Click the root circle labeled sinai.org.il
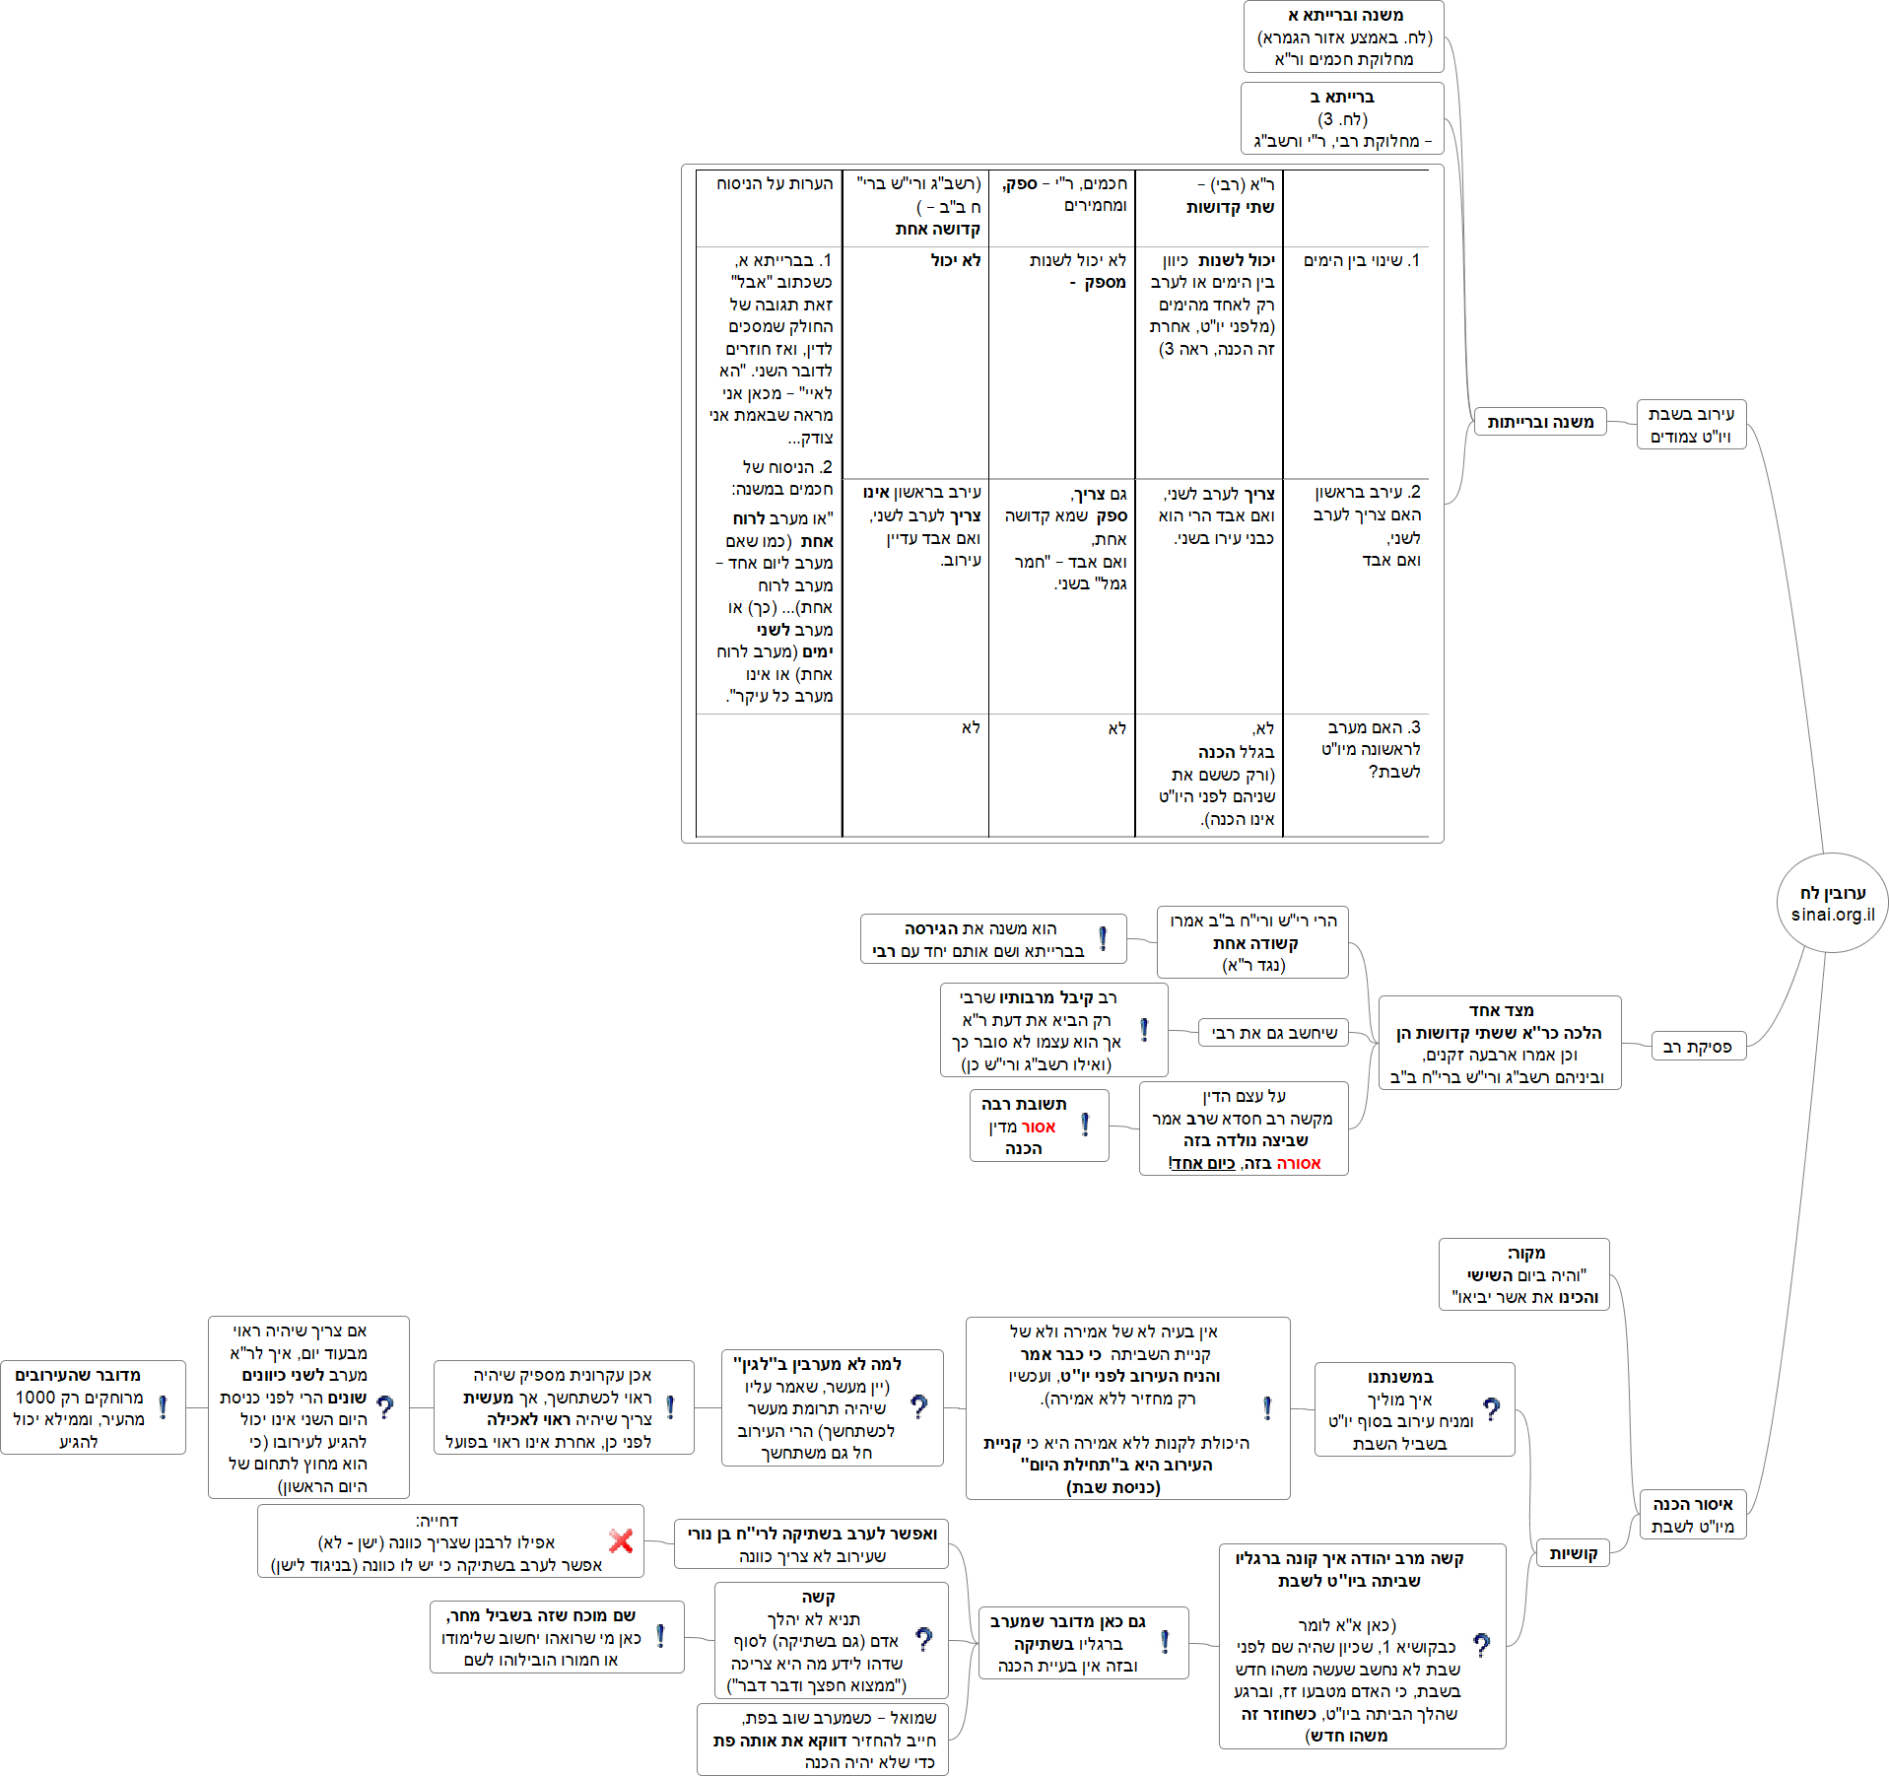pyautogui.click(x=1832, y=903)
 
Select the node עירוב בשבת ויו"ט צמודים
pyautogui.click(x=1691, y=425)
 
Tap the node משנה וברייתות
pyautogui.click(x=1540, y=422)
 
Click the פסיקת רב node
pyautogui.click(x=1698, y=1047)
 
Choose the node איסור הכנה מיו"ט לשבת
pyautogui.click(x=1692, y=1515)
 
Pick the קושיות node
pyautogui.click(x=1573, y=1553)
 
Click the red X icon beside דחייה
pyautogui.click(x=621, y=1540)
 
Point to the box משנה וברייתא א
pyautogui.click(x=1344, y=37)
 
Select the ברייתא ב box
pyautogui.click(x=1342, y=118)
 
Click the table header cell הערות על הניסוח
pyautogui.click(x=775, y=183)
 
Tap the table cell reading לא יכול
pyautogui.click(x=955, y=260)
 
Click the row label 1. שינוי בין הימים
pyautogui.click(x=1362, y=260)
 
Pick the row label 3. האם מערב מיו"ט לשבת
pyautogui.click(x=1371, y=749)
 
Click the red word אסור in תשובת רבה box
pyautogui.click(x=1038, y=1127)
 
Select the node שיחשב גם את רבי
pyautogui.click(x=1274, y=1033)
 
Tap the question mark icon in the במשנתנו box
pyautogui.click(x=1492, y=1409)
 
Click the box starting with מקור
pyautogui.click(x=1524, y=1275)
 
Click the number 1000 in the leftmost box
pyautogui.click(x=35, y=1398)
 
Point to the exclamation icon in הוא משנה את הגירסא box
pyautogui.click(x=1103, y=938)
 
